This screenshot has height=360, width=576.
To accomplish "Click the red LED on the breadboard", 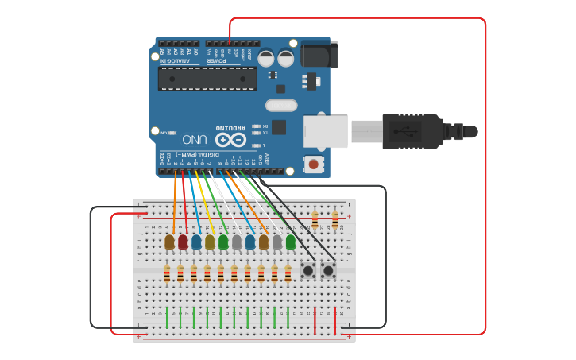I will coord(183,242).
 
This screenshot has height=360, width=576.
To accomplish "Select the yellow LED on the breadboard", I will coord(210,242).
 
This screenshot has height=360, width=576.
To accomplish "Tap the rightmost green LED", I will coord(291,242).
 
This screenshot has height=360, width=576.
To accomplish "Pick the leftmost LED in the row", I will coord(169,242).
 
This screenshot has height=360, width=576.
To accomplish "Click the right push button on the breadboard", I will coord(327,272).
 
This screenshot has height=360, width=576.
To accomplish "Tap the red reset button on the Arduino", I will coord(314,165).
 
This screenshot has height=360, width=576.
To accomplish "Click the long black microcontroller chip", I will coord(207,79).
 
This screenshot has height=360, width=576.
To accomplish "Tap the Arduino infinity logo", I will coord(230,140).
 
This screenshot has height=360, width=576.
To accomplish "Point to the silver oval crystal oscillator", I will coord(280,105).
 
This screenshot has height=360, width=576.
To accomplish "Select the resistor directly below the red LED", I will coord(180,274).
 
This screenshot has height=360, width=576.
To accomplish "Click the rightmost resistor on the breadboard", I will coord(334,219).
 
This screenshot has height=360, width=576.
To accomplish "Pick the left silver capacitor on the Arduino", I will coord(266,58).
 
